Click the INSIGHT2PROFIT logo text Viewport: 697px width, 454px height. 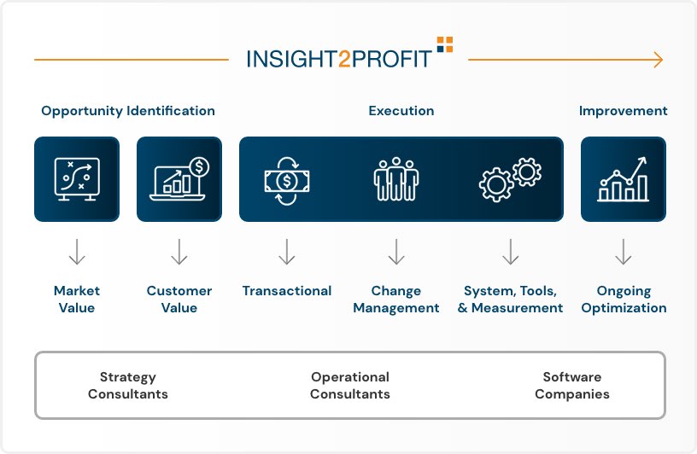(339, 59)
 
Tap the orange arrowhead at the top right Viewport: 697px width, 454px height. (659, 60)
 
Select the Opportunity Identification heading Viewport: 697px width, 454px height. (128, 111)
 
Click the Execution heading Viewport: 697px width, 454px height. (401, 111)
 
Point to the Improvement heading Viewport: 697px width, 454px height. (623, 111)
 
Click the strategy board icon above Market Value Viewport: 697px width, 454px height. (77, 178)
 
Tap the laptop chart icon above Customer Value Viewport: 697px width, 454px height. (179, 178)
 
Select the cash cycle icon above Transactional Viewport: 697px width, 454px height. (287, 181)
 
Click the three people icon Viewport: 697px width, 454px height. (396, 179)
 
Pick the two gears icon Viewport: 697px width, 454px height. (510, 179)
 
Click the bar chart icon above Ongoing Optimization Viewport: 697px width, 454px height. (624, 179)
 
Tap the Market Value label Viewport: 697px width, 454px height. (77, 299)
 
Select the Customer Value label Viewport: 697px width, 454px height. (179, 299)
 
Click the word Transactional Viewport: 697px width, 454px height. (287, 290)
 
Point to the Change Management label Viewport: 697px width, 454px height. (396, 299)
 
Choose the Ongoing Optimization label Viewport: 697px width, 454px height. (624, 300)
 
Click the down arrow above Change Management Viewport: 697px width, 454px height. (396, 252)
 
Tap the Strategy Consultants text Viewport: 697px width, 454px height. (128, 385)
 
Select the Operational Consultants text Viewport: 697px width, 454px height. (350, 385)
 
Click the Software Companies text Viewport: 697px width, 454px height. (572, 385)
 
